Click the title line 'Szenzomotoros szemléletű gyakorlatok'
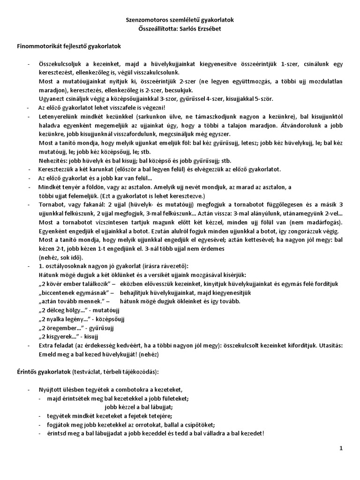(180, 20)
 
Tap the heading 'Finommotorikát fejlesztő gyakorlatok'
(69, 46)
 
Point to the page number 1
(341, 449)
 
